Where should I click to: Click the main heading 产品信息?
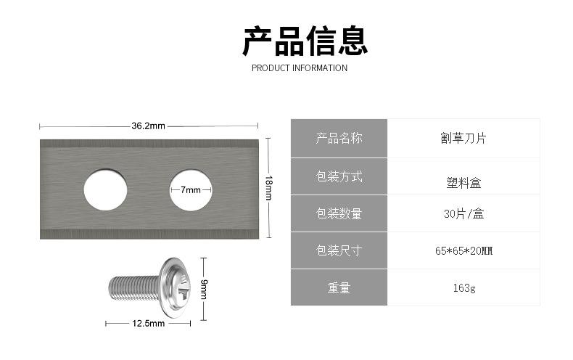point(305,41)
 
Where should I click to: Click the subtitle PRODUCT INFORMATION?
point(299,68)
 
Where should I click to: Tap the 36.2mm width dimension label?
point(148,126)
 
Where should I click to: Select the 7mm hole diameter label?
point(191,190)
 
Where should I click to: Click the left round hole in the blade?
point(105,189)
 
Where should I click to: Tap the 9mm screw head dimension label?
point(204,290)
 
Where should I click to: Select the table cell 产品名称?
point(339,139)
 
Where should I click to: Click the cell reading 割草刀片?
point(463,139)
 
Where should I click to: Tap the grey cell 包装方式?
point(339,176)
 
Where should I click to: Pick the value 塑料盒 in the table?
point(463,183)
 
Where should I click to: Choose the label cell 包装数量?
point(339,213)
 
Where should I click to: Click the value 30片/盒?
point(463,213)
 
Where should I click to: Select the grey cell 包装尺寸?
point(339,251)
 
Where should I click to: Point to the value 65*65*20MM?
point(463,251)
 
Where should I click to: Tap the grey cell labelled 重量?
point(339,288)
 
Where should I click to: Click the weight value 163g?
point(463,288)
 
